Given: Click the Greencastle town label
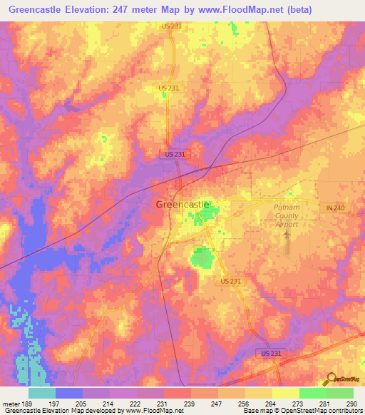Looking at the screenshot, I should point(182,205).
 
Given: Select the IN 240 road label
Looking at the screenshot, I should point(335,207).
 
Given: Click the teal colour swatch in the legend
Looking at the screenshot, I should point(42,393).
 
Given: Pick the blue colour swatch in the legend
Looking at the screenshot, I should point(69,393).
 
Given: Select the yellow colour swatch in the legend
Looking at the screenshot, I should point(285,393).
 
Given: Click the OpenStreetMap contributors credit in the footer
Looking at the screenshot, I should point(321,411).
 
